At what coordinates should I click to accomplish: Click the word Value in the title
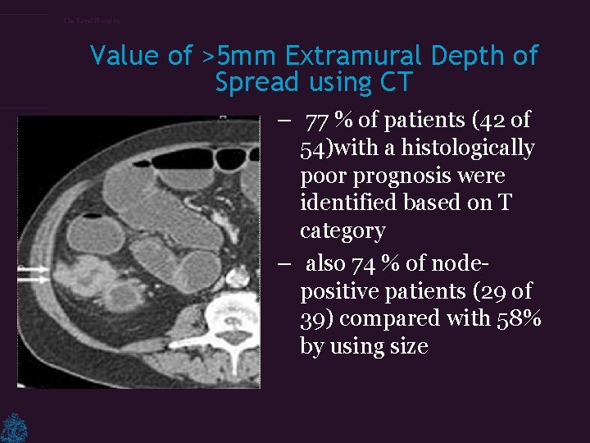125,56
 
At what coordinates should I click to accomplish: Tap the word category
343,231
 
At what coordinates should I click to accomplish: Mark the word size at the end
407,346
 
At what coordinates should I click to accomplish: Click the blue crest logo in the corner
14,427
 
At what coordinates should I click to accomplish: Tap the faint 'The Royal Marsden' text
92,21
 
